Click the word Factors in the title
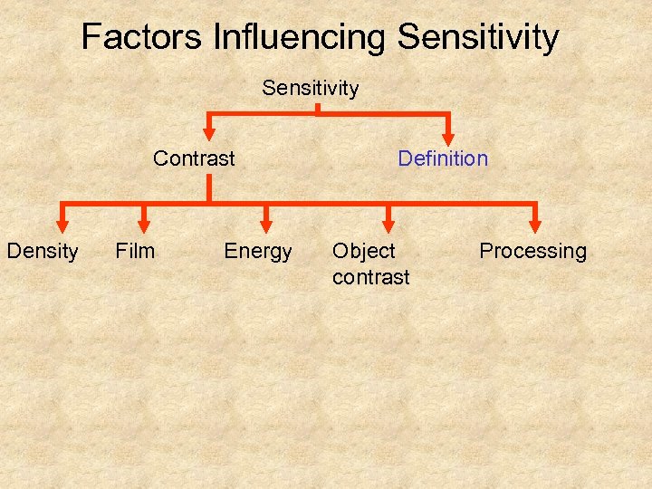coord(141,37)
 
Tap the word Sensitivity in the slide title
coord(478,37)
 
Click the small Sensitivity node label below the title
coord(311,88)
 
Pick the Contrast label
coord(194,158)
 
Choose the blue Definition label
coord(443,158)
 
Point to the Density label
coord(43,251)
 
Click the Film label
coord(135,251)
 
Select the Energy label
coord(258,251)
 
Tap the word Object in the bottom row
coord(364,251)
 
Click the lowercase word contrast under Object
coord(371,276)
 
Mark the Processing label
coord(532,251)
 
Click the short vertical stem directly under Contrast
coord(209,187)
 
